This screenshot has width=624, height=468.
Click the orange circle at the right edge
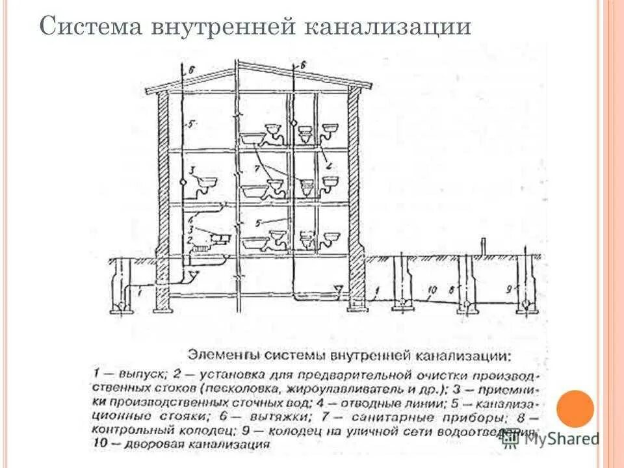[575, 409]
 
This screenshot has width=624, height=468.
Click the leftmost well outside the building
[120, 286]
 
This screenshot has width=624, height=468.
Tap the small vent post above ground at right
[483, 248]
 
